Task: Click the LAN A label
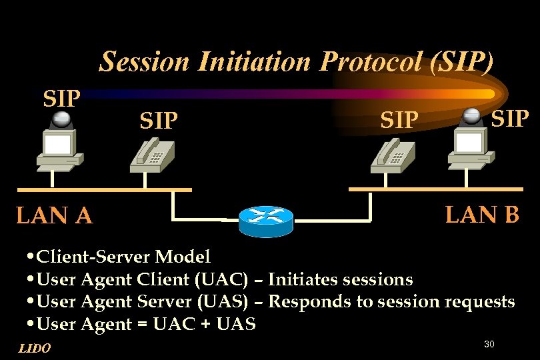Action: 54,216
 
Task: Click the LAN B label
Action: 482,215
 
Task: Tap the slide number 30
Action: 489,344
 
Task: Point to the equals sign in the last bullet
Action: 143,325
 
